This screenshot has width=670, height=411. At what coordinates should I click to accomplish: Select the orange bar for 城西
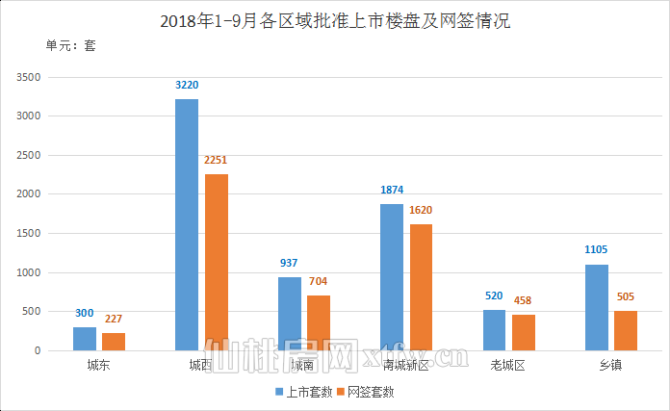(216, 262)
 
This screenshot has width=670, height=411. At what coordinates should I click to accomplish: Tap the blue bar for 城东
(85, 339)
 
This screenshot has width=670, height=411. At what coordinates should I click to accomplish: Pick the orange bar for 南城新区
(421, 287)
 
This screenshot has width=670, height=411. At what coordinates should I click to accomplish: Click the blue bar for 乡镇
(597, 307)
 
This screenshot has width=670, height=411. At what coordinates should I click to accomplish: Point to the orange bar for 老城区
(524, 332)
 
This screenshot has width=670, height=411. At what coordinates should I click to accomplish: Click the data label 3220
(187, 86)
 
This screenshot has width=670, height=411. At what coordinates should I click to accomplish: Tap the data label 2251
(216, 161)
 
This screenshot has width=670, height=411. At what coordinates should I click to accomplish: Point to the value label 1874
(392, 191)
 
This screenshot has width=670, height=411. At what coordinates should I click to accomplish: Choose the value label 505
(626, 297)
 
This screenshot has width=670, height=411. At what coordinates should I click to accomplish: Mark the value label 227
(114, 320)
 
